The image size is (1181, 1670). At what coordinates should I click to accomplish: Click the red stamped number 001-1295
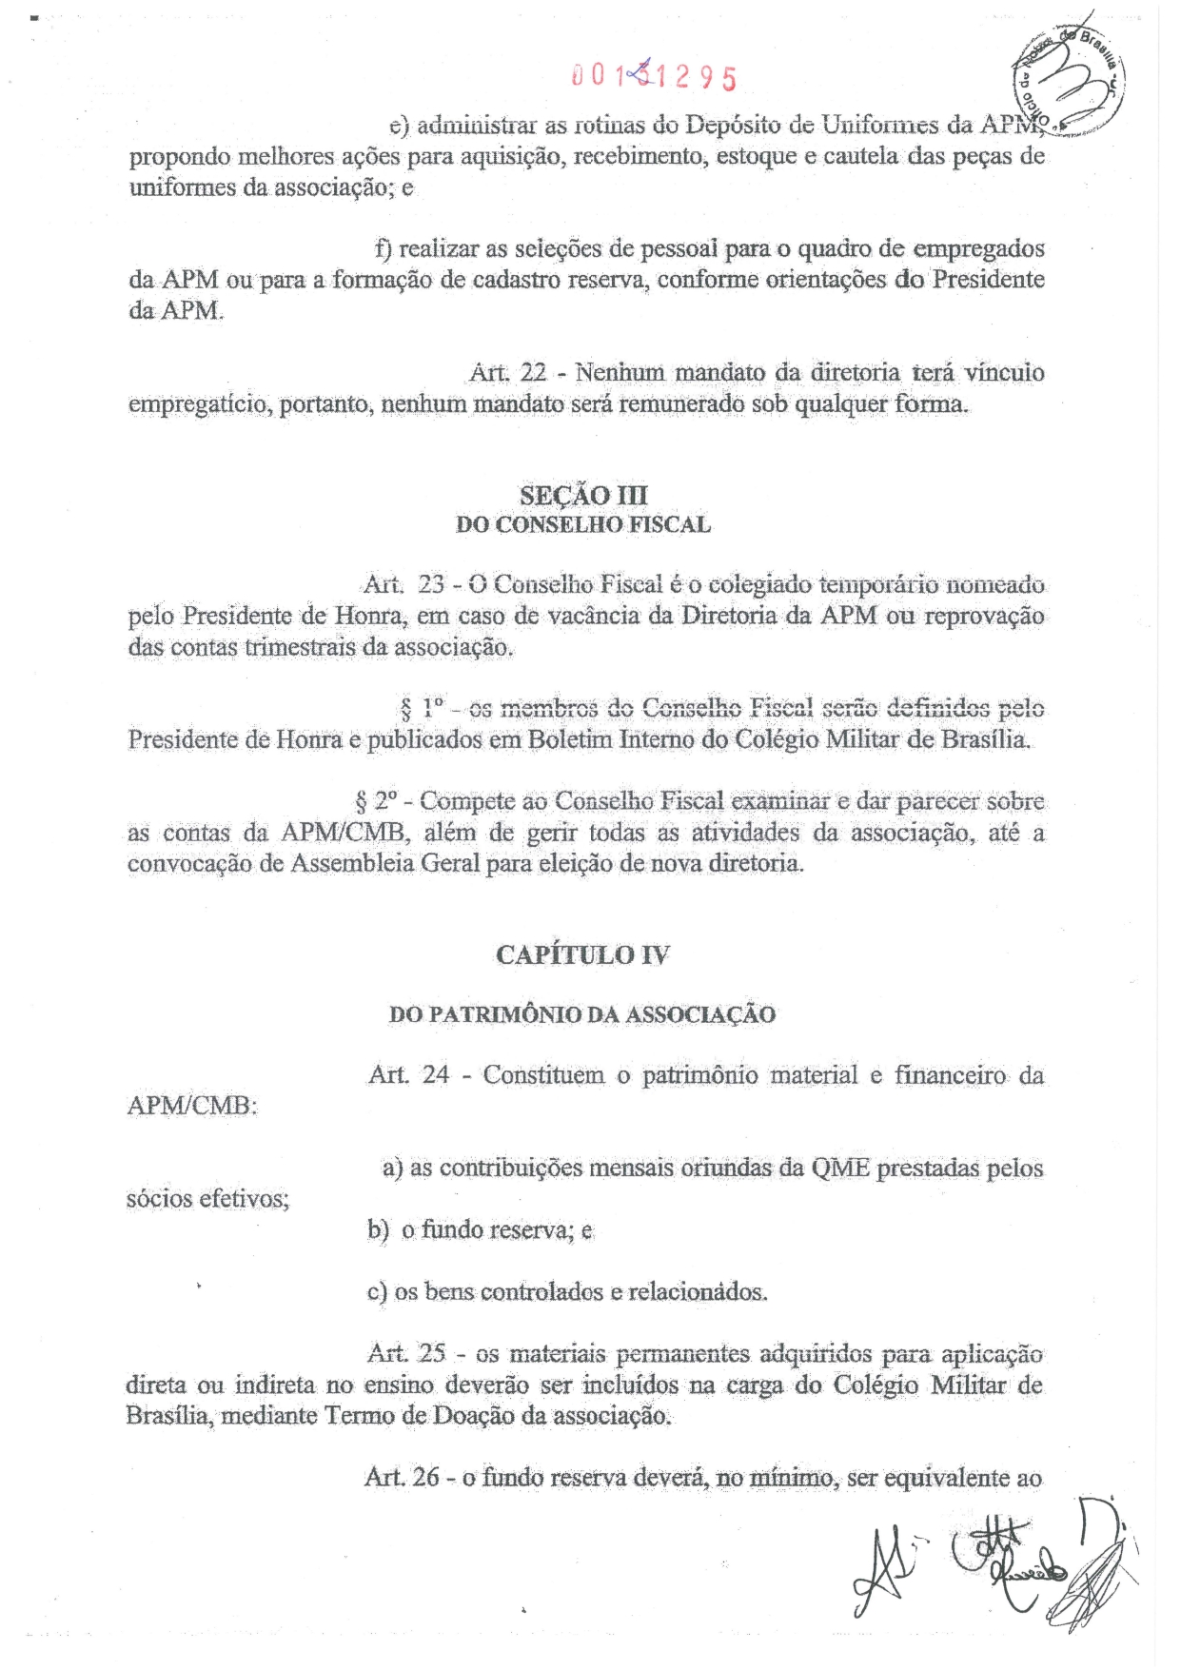coord(654,76)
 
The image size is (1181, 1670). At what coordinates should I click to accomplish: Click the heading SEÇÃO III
coord(583,496)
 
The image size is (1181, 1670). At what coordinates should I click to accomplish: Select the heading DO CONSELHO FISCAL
coord(583,525)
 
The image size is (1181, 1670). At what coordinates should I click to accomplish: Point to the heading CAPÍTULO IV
coord(582,955)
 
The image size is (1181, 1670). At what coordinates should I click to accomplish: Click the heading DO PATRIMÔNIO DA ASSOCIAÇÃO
coord(582,1015)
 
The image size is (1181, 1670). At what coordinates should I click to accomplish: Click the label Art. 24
coord(408,1075)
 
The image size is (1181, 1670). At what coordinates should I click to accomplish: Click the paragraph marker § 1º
coord(422,708)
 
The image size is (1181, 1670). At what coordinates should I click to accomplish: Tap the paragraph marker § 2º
coord(374,801)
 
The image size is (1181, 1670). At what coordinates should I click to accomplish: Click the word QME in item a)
coord(840,1169)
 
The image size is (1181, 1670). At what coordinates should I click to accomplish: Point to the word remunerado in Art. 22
coord(682,404)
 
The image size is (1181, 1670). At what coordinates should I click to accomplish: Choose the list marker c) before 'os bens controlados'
coord(377,1292)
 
